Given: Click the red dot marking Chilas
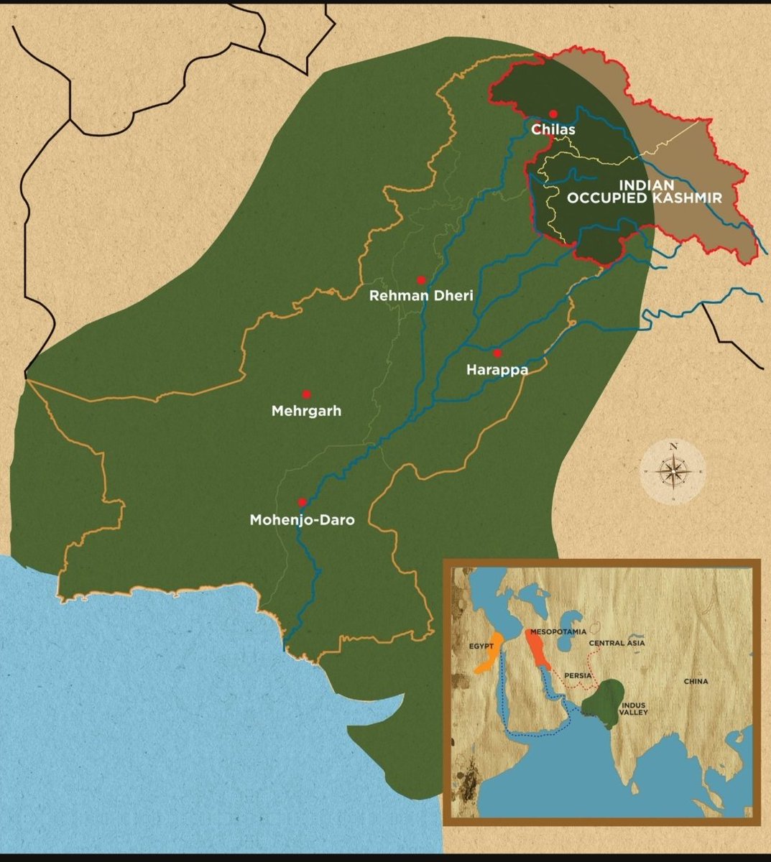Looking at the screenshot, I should pos(553,113).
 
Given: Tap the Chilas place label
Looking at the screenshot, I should pos(553,130).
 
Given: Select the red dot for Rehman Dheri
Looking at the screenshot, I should pos(421,280).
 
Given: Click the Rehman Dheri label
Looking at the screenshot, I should pos(421,295).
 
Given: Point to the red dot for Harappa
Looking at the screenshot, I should pos(497,353).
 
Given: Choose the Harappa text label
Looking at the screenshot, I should pos(497,370).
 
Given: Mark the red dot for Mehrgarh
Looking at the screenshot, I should pos(306,394).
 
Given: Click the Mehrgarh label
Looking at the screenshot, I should pos(306,412).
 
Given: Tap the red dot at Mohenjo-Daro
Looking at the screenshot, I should pos(302,502).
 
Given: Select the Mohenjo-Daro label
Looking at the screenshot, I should pos(302,519).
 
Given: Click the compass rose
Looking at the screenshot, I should pos(673,472).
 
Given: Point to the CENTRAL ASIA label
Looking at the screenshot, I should pos(617,643).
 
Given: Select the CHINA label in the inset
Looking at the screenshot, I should pos(696,681).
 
